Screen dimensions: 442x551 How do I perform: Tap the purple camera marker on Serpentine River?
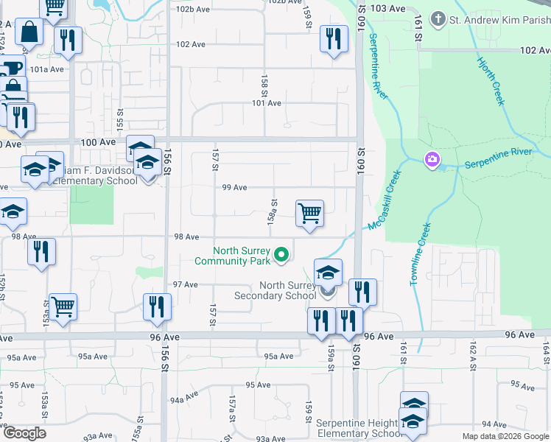click(432, 158)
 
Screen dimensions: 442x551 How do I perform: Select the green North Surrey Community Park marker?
click(281, 256)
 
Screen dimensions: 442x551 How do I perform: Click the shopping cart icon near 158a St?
click(310, 214)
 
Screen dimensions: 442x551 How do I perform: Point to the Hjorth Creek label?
click(491, 80)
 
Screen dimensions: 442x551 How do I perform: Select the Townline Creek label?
click(417, 255)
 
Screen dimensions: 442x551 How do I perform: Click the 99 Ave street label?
click(235, 187)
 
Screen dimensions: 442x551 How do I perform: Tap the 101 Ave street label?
click(267, 103)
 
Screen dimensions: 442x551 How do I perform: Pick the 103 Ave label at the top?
click(389, 7)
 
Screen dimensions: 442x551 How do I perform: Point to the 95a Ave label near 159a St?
click(279, 357)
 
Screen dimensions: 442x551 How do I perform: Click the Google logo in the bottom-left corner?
click(24, 433)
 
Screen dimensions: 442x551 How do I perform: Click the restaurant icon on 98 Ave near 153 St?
click(41, 251)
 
